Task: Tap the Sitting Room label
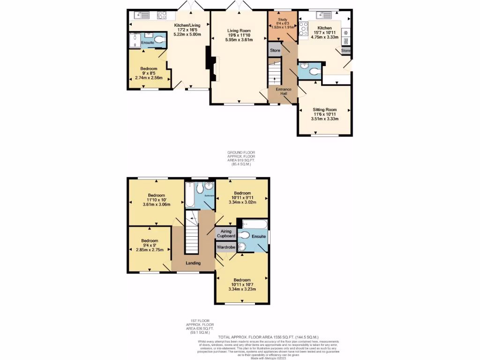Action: (325, 109)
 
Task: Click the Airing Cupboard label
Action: (226, 233)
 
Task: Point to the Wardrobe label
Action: (226, 247)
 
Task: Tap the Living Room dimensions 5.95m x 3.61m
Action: (239, 40)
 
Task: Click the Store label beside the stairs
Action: (275, 50)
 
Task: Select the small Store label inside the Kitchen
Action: (346, 50)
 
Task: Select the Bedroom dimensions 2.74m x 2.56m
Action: (149, 77)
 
